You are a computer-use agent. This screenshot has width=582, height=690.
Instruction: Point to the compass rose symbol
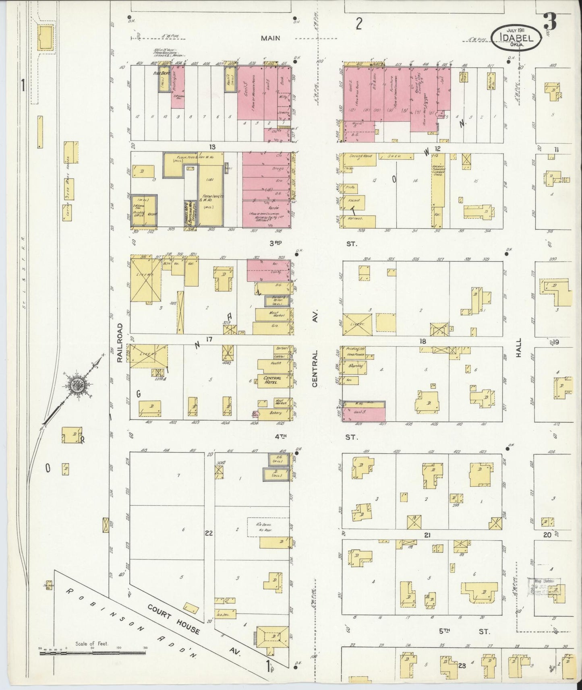(x=76, y=385)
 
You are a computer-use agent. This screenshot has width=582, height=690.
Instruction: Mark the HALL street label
(x=519, y=348)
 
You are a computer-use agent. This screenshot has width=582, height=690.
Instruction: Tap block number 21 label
(x=427, y=535)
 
